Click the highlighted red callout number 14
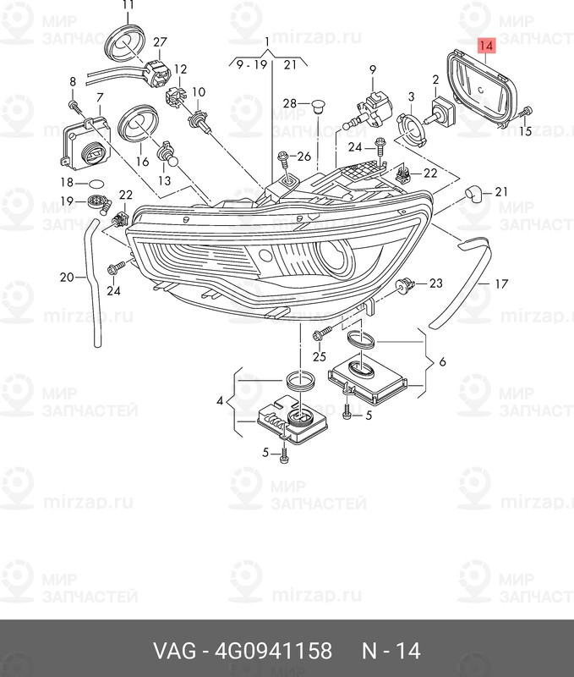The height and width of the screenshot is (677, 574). pyautogui.click(x=485, y=45)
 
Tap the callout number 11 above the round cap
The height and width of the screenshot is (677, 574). pyautogui.click(x=128, y=5)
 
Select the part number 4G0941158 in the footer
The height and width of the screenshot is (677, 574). pyautogui.click(x=273, y=651)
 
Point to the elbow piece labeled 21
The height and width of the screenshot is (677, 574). pyautogui.click(x=474, y=195)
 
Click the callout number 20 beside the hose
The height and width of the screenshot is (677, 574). pyautogui.click(x=67, y=277)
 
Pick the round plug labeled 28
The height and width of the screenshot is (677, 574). pyautogui.click(x=318, y=105)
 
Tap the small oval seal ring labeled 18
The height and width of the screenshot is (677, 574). pyautogui.click(x=96, y=184)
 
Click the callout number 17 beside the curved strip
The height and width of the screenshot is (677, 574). pyautogui.click(x=501, y=284)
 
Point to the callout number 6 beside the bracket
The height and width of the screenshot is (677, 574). pyautogui.click(x=442, y=362)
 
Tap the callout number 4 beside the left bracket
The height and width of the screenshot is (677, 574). pyautogui.click(x=220, y=401)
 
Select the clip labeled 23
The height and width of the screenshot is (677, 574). pyautogui.click(x=405, y=285)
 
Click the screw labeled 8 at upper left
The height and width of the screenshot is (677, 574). pyautogui.click(x=75, y=107)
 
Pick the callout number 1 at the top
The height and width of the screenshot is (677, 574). pyautogui.click(x=267, y=41)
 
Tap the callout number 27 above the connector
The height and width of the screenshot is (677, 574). pyautogui.click(x=160, y=42)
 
